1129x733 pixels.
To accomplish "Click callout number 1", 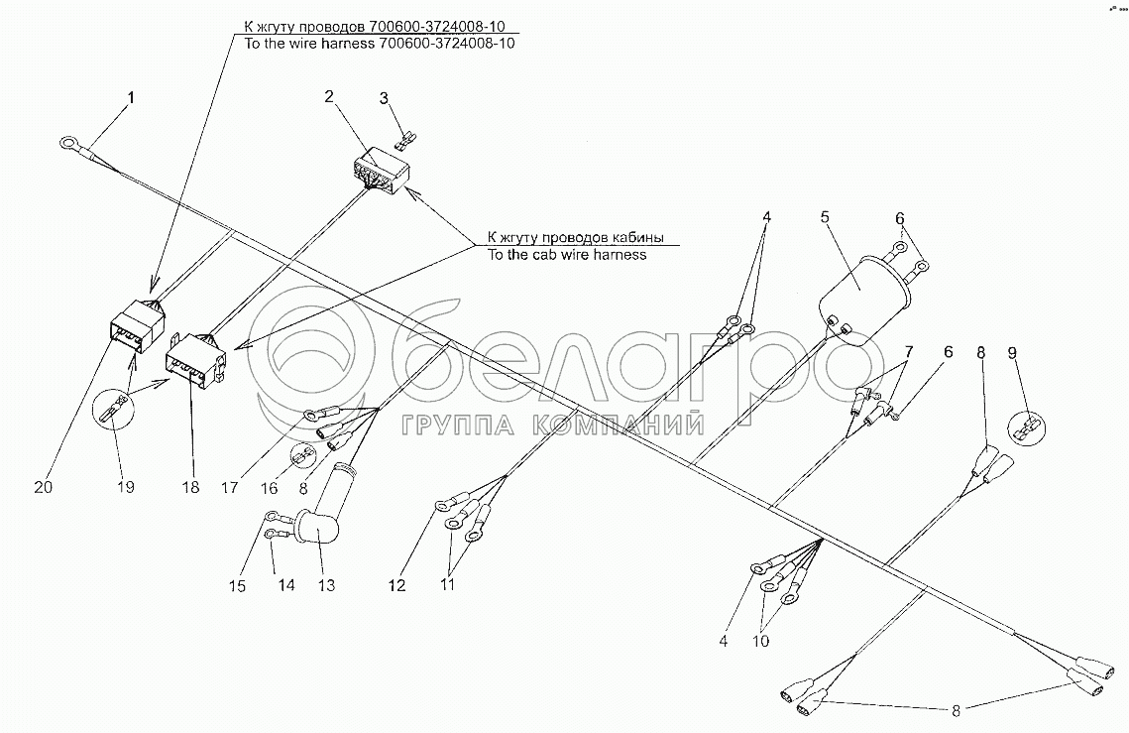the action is [x=129, y=97].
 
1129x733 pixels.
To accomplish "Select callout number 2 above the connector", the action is [x=329, y=96].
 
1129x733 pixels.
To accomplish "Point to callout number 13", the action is [x=324, y=586].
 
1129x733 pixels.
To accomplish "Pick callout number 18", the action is [x=190, y=487].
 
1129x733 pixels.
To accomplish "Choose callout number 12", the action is [x=397, y=586].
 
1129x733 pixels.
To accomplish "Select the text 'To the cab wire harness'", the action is [x=566, y=255].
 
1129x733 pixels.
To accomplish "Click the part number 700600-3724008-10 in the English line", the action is [x=448, y=44].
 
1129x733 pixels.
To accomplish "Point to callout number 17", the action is [x=230, y=487].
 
